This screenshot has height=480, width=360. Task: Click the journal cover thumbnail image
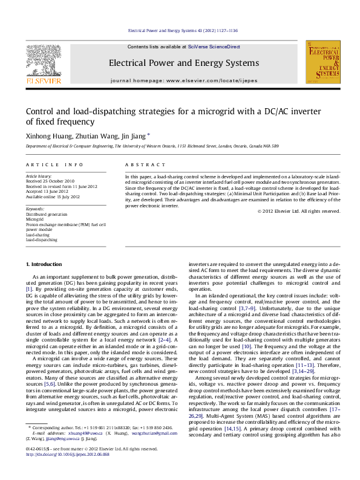tap(322, 62)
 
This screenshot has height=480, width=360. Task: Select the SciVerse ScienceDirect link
tap(214, 47)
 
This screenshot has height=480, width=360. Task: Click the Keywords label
tap(35, 209)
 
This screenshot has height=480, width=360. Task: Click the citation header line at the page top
tap(180, 30)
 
